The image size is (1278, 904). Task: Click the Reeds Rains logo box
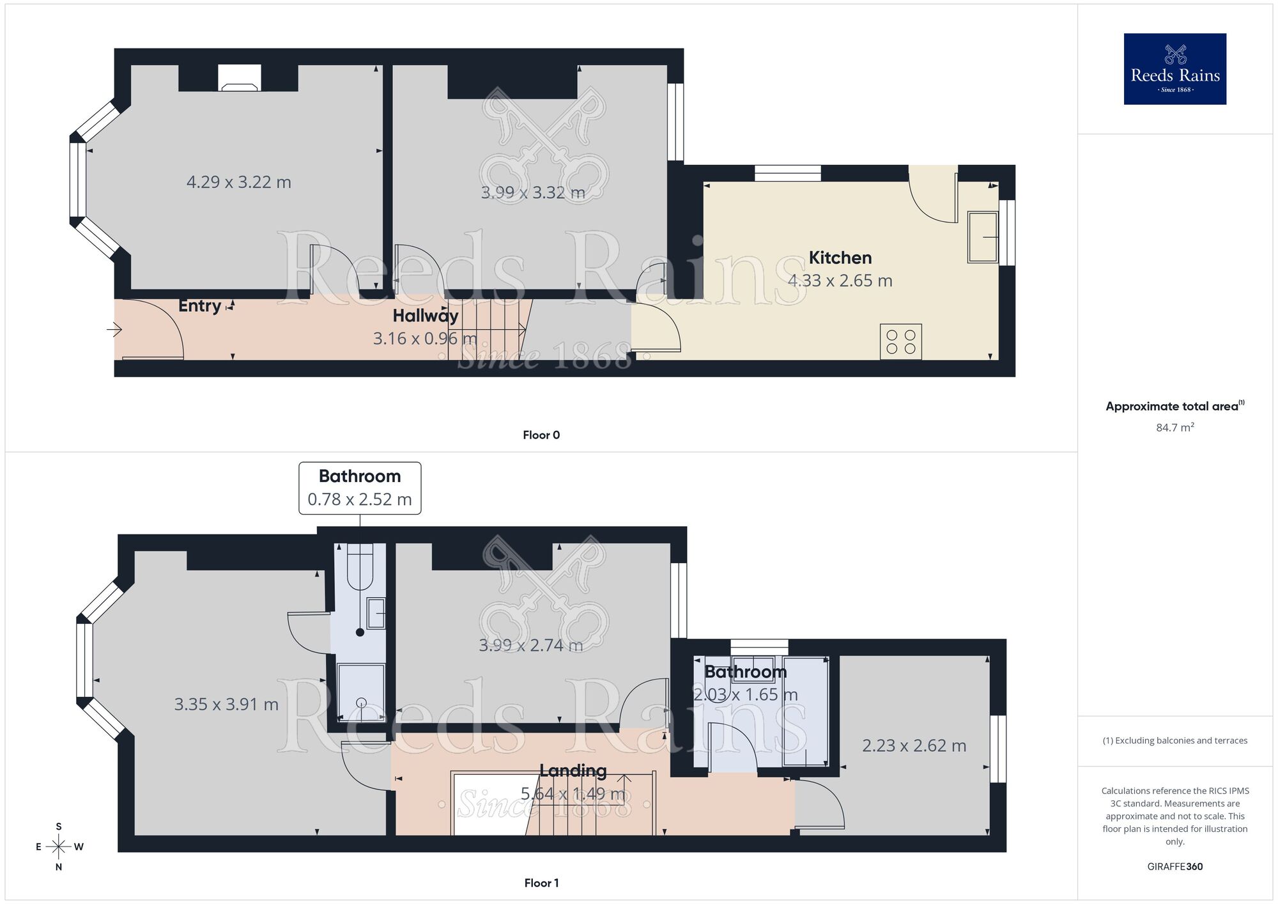1174,69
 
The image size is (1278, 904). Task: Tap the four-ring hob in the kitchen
900,341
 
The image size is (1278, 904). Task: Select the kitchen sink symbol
982,237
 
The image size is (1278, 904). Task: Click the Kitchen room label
840,258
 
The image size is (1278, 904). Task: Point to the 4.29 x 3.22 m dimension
238,182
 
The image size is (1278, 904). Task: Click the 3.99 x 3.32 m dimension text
532,192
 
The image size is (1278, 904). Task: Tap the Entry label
199,306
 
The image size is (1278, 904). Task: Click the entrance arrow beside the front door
114,330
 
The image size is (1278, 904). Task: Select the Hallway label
425,316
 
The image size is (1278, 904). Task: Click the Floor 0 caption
541,435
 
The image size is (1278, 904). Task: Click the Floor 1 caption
541,883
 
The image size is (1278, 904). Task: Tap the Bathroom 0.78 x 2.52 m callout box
360,488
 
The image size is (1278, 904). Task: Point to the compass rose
59,847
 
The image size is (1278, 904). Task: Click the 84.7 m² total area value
1174,428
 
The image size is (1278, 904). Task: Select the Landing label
573,771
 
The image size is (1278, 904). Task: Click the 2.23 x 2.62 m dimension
914,745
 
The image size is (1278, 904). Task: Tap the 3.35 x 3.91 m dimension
226,705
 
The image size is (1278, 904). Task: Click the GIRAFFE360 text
1174,867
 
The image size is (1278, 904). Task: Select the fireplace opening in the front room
239,78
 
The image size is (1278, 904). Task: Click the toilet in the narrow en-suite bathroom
360,566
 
